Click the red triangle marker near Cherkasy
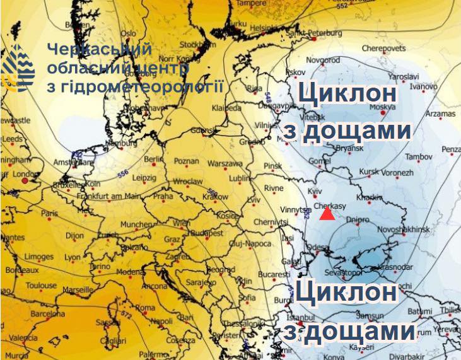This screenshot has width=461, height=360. click(x=327, y=214)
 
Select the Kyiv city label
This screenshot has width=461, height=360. click(x=314, y=190)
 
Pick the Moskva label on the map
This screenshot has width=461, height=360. click(x=381, y=107)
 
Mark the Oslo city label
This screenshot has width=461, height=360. click(x=129, y=33)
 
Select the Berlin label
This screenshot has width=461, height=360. click(x=154, y=160)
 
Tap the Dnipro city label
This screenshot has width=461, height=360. click(x=358, y=221)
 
